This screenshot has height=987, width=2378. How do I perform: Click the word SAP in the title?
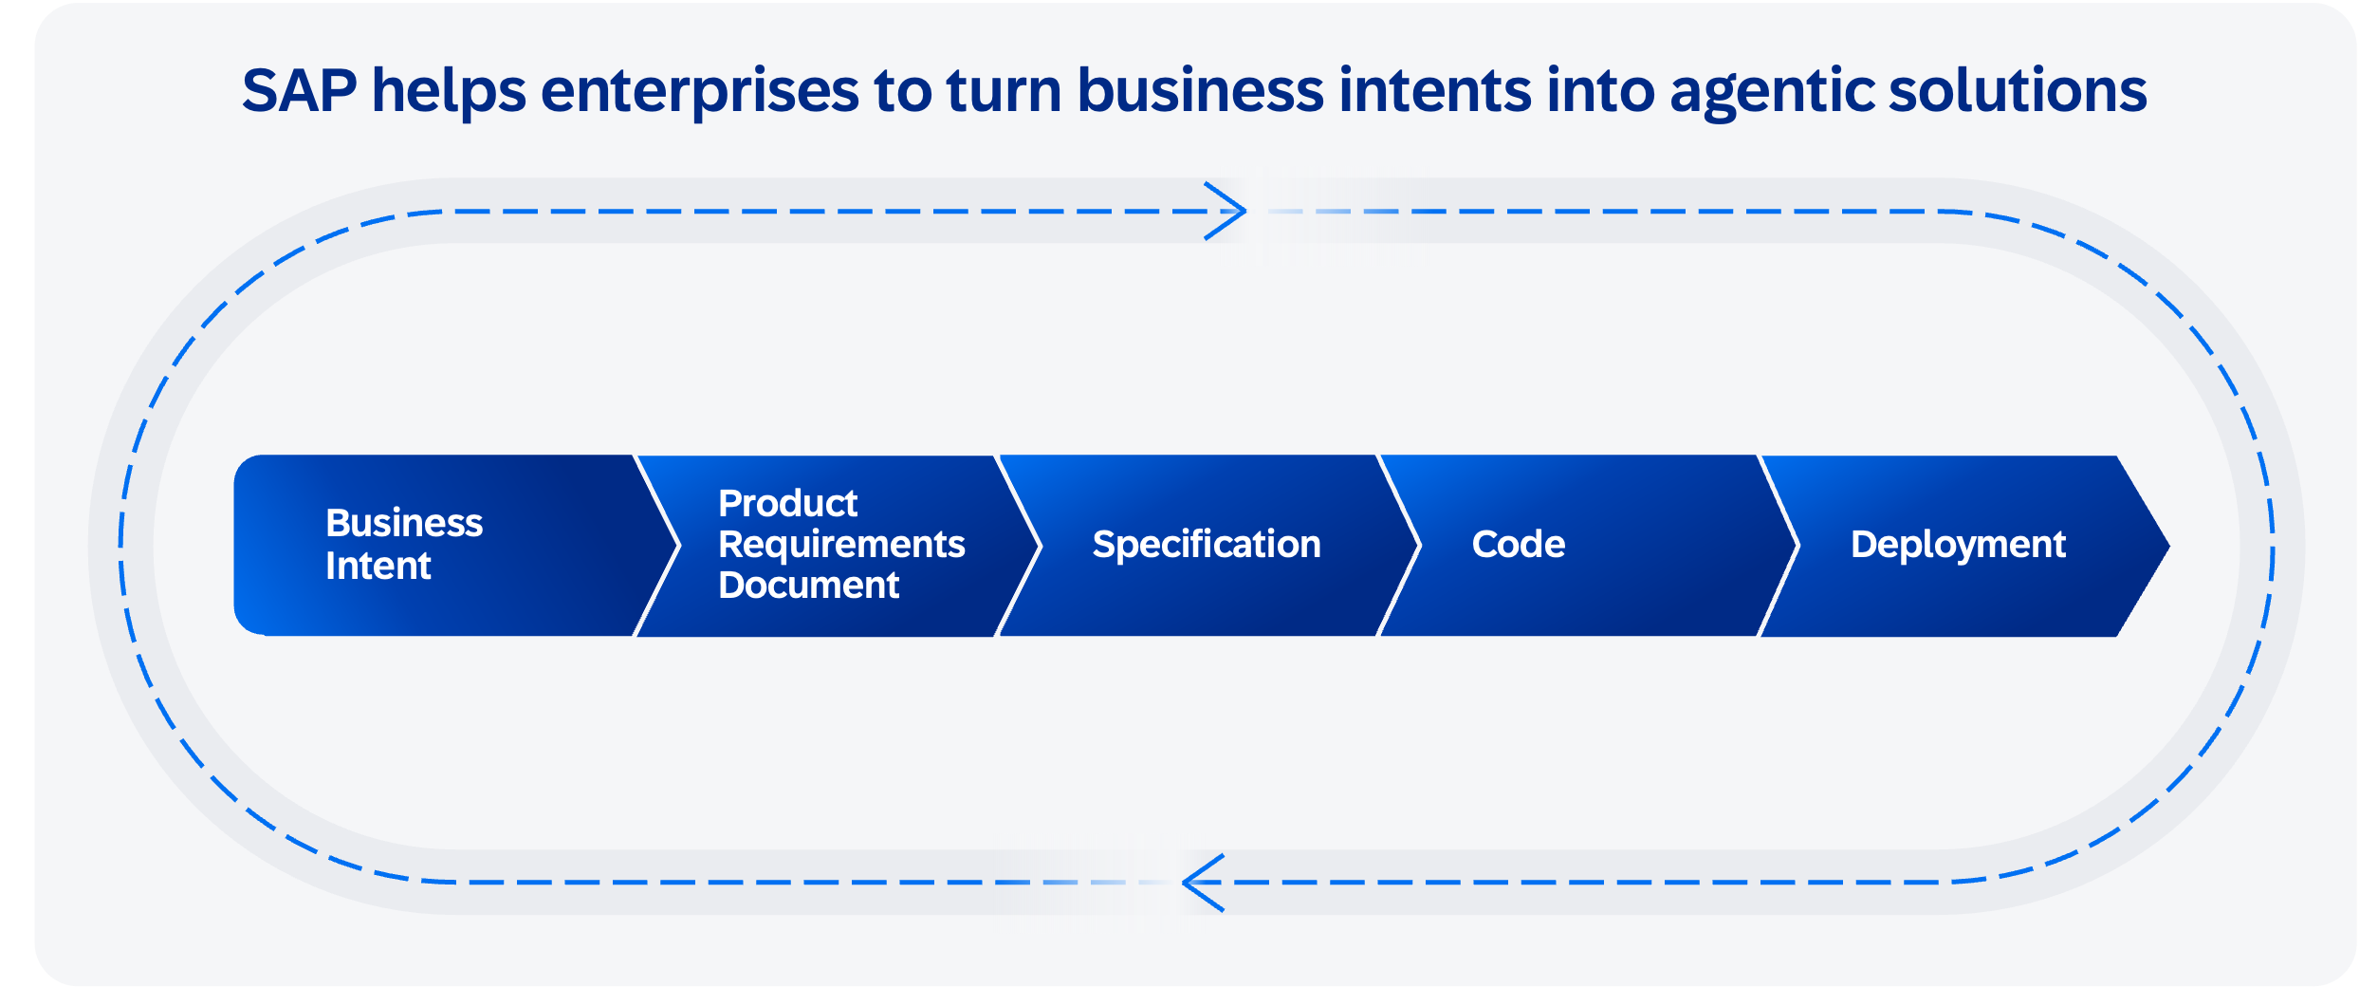[300, 90]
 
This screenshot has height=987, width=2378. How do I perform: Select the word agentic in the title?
[1772, 93]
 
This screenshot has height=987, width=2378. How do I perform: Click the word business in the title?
[1201, 90]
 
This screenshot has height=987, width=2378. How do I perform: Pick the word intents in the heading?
[1436, 90]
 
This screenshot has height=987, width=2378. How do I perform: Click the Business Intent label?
[404, 544]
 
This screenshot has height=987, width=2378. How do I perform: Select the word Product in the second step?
[788, 503]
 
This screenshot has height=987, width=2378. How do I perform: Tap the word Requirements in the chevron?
[842, 545]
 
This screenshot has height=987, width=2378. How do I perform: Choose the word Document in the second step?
[809, 586]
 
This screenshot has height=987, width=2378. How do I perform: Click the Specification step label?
[1207, 545]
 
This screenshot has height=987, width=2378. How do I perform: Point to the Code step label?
[1519, 545]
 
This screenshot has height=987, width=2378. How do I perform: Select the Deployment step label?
[1959, 545]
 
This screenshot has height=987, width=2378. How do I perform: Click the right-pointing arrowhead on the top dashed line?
[1226, 211]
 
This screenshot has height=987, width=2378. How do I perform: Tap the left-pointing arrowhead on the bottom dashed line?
[1204, 883]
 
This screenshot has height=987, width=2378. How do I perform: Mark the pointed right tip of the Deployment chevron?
[2169, 546]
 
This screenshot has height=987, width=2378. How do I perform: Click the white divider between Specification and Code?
[1399, 546]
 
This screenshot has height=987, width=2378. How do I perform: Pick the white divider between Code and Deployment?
[1779, 546]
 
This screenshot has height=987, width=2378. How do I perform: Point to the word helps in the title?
[449, 93]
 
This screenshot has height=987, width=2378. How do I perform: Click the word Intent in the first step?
[378, 567]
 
